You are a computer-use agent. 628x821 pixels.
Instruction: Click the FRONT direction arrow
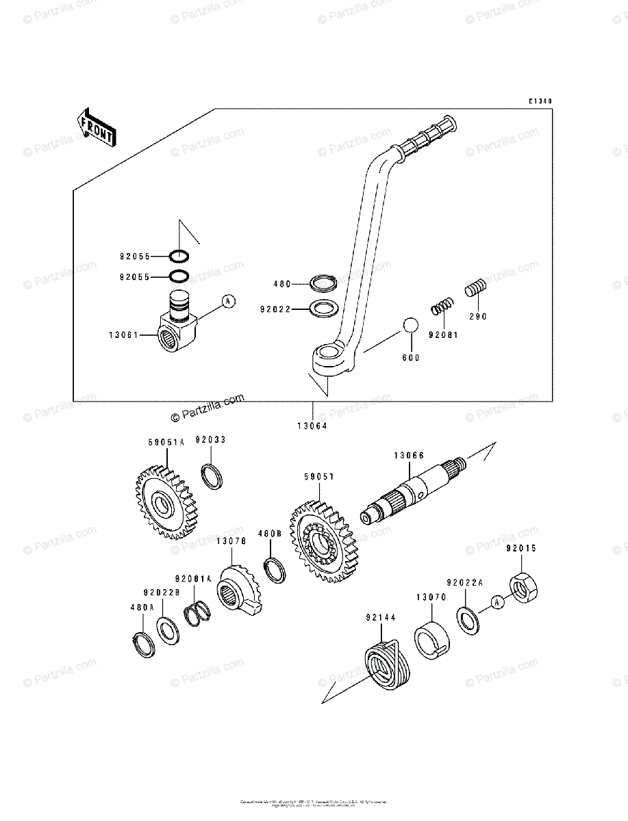pyautogui.click(x=96, y=127)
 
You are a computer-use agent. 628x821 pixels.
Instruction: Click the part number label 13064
pyautogui.click(x=312, y=426)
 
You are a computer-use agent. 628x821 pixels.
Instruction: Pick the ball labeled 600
pyautogui.click(x=410, y=326)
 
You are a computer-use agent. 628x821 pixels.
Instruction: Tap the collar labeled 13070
pyautogui.click(x=431, y=639)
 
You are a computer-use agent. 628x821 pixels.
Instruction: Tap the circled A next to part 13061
pyautogui.click(x=228, y=301)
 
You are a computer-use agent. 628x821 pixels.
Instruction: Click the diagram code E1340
pyautogui.click(x=539, y=102)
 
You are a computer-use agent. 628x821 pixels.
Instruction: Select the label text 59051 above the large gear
pyautogui.click(x=318, y=477)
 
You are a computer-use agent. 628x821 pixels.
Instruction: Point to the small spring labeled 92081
pyautogui.click(x=442, y=307)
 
